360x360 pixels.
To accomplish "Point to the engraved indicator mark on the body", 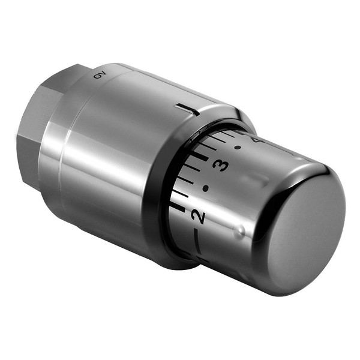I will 188,110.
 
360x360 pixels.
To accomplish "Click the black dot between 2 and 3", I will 206,188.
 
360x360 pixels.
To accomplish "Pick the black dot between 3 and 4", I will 238,147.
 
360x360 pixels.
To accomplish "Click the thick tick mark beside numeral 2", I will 178,207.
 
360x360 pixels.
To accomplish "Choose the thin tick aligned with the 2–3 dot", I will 186,179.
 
